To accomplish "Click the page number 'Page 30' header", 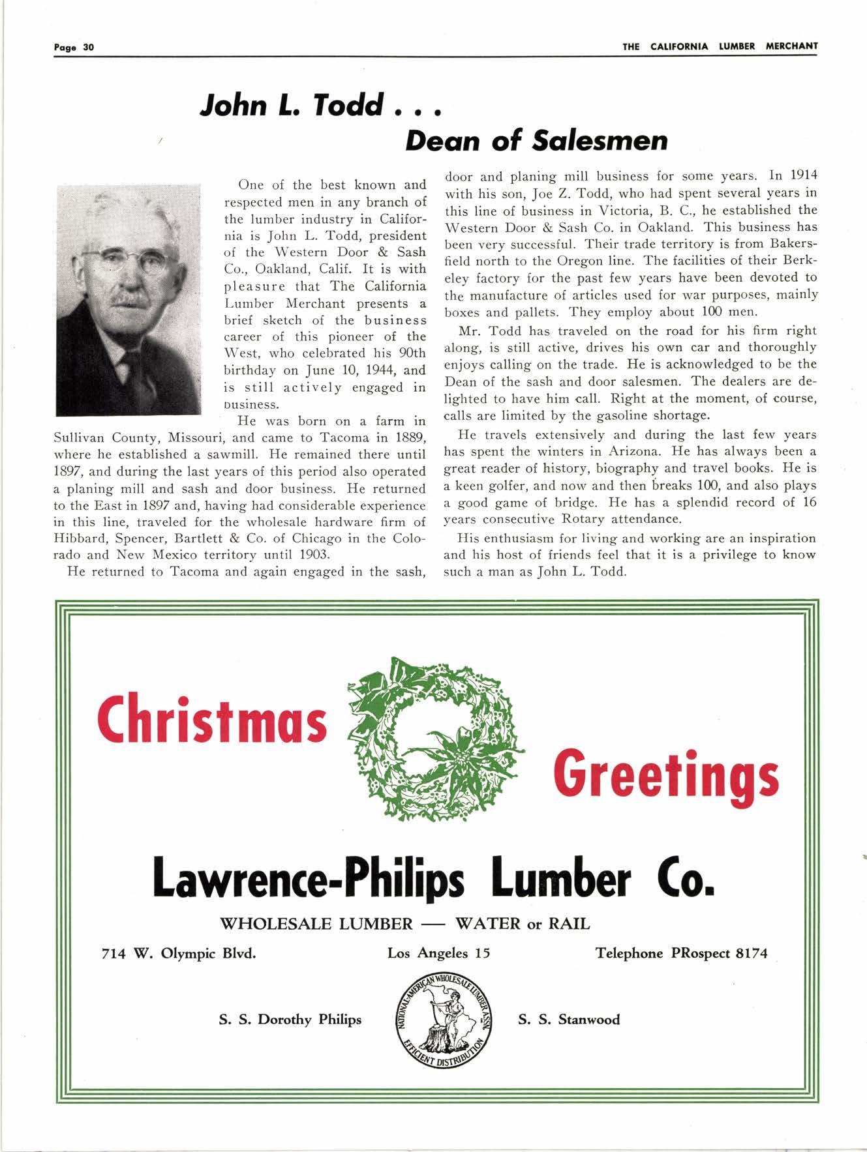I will pyautogui.click(x=74, y=47).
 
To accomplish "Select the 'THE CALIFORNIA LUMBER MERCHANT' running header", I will pyautogui.click(x=720, y=46).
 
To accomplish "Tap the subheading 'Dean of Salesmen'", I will pyautogui.click(x=536, y=140).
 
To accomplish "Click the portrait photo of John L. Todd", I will pyautogui.click(x=128, y=300).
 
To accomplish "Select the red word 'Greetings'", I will pyautogui.click(x=665, y=775).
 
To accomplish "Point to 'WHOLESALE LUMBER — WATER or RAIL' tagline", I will pyautogui.click(x=404, y=924).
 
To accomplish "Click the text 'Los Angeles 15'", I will pyautogui.click(x=438, y=953).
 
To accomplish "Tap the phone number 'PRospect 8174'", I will pyautogui.click(x=719, y=953).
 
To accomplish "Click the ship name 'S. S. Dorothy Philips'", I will pyautogui.click(x=290, y=1020).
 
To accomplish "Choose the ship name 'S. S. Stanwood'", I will pyautogui.click(x=569, y=1020).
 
